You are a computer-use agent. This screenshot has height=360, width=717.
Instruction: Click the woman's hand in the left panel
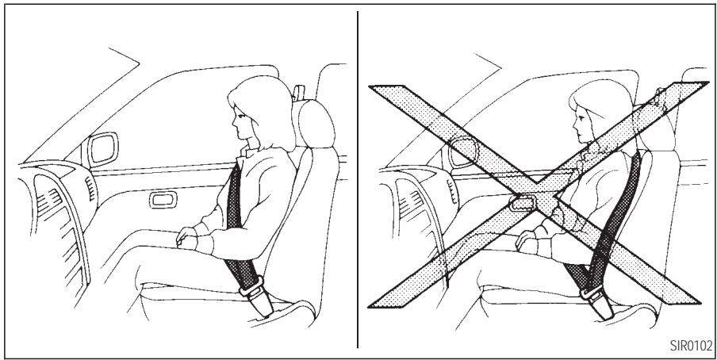[187, 236]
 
